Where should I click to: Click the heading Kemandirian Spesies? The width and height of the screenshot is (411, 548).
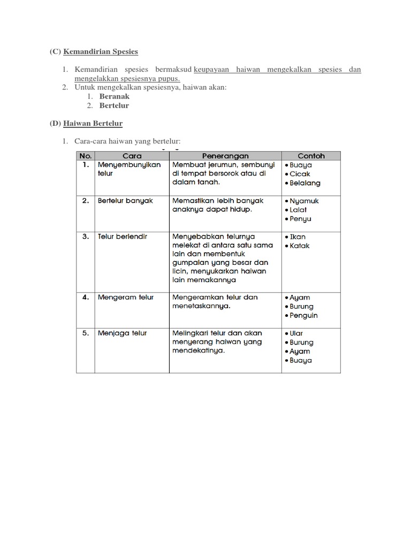point(101,52)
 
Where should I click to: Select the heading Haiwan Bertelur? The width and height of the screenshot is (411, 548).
point(93,124)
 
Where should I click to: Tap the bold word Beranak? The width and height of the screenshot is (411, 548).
point(115,96)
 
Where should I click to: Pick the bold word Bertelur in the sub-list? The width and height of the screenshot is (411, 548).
point(114,105)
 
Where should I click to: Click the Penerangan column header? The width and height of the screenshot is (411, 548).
point(225,156)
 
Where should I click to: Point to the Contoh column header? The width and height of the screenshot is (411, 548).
point(311,156)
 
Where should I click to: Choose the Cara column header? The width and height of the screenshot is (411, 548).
point(132,156)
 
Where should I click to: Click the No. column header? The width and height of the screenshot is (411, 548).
point(86,156)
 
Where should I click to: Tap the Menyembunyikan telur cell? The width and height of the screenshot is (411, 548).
point(129,169)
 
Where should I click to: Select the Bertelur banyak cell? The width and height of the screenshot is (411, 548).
point(125,201)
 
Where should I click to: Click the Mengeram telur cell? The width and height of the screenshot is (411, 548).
point(125,297)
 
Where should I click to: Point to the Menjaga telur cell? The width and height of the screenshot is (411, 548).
point(122,333)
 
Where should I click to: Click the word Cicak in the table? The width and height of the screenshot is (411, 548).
point(300,174)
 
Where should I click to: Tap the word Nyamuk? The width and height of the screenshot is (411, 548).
point(304,201)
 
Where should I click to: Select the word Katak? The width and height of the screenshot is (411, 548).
point(299,246)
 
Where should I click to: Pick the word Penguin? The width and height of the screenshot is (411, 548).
point(303,315)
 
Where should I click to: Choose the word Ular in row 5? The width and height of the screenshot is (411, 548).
point(296,333)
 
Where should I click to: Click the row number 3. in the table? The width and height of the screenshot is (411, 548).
point(86,236)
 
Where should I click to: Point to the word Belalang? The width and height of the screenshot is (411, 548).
point(305,183)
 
